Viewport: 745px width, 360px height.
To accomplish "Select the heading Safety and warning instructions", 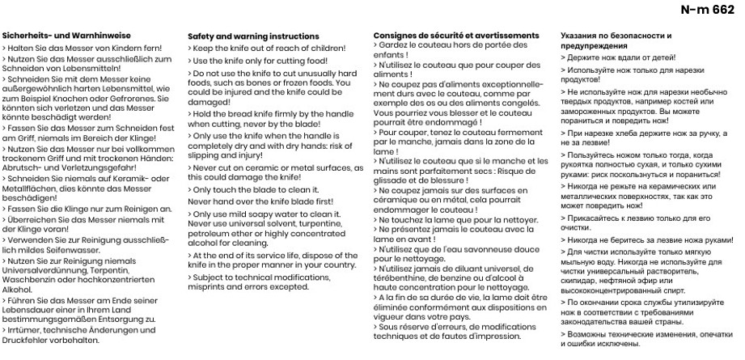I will pyautogui.click(x=253, y=36).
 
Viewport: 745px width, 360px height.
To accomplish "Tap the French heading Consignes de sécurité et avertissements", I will pyautogui.click(x=456, y=36).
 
